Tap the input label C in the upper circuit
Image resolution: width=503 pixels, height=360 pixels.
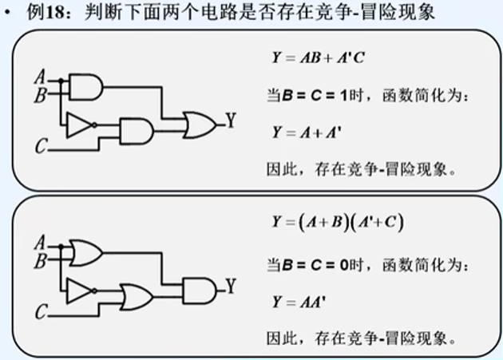(x=42, y=145)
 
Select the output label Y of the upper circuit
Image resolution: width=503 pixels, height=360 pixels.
(x=230, y=121)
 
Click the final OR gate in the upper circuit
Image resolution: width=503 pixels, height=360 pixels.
(x=196, y=122)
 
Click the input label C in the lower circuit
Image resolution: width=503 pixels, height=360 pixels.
(x=42, y=313)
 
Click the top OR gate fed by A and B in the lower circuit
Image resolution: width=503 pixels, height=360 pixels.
(x=85, y=253)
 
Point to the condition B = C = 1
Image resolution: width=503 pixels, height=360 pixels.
(x=313, y=96)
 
